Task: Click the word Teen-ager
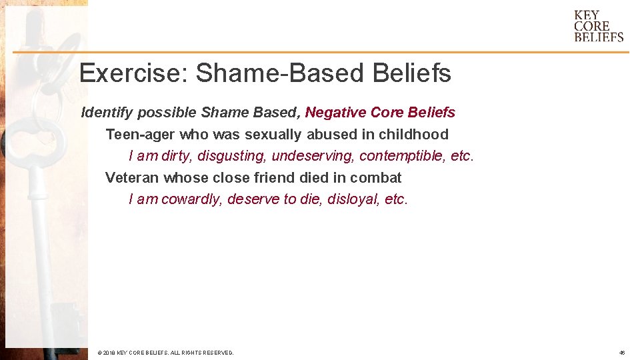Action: pyautogui.click(x=139, y=134)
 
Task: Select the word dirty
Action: pyautogui.click(x=175, y=156)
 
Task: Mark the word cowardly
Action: pyautogui.click(x=191, y=199)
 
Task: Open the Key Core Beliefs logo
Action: pyautogui.click(x=598, y=26)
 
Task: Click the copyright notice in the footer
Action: pyautogui.click(x=165, y=352)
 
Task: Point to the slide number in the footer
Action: pyautogui.click(x=621, y=352)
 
